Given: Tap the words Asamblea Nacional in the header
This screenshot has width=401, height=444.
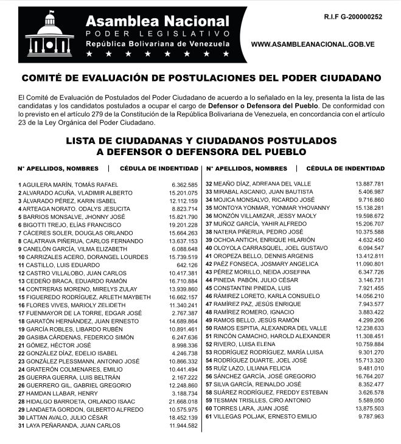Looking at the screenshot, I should tap(157, 23).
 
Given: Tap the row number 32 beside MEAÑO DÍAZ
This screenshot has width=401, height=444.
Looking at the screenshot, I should tap(208, 184).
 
